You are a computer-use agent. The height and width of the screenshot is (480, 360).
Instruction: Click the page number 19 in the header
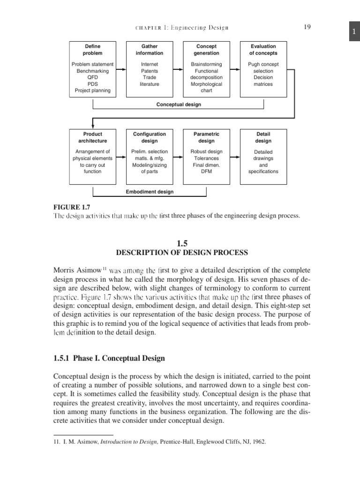coord(307,27)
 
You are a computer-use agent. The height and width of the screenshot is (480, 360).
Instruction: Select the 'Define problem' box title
coord(92,50)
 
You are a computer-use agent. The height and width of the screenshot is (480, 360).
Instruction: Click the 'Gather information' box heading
coord(150,50)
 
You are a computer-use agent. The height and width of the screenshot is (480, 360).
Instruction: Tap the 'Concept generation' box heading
coord(206,50)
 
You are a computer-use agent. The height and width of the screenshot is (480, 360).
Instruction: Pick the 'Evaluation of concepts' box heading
coord(263,50)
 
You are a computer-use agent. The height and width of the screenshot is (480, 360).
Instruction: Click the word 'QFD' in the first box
coord(92,77)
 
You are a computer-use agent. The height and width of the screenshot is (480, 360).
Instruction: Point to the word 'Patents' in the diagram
coord(150,71)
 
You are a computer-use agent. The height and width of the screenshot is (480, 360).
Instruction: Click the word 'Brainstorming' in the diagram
coord(206,64)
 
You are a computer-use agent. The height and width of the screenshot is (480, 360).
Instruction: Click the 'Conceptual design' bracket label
coord(178,105)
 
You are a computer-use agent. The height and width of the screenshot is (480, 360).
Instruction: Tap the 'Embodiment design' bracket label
coord(150,192)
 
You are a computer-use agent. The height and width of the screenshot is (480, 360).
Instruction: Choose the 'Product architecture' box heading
coord(92,137)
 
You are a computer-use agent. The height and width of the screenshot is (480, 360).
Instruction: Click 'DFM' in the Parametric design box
coord(206,172)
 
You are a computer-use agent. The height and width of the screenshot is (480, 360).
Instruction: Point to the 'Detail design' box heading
coord(263,137)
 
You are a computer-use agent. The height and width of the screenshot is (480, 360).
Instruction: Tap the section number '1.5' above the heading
coord(182,243)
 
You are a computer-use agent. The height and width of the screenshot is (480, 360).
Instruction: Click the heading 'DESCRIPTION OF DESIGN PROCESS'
coord(182,253)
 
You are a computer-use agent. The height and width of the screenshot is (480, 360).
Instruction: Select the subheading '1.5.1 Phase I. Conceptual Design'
coord(109,358)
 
